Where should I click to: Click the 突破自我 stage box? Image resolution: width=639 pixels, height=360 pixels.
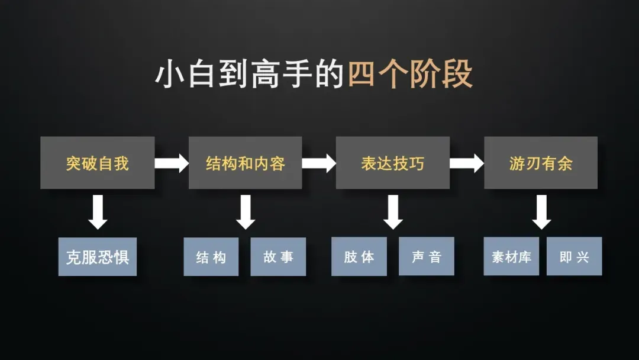pos(98,163)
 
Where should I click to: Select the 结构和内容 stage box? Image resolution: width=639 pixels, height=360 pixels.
pos(245,163)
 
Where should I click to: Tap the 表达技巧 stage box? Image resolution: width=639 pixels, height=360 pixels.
pos(392,163)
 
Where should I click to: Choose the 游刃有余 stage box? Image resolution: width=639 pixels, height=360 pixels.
pos(540,163)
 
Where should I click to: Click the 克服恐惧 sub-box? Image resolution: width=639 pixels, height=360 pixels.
pos(98,257)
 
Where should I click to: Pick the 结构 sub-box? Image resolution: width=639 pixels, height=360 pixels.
pos(211,257)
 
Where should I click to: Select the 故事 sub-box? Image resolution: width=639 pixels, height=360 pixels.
pos(278,257)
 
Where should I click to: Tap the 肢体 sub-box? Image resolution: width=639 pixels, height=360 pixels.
pos(359,257)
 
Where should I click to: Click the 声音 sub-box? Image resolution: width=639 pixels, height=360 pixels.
pos(427,257)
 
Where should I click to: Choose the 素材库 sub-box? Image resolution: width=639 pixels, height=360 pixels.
pos(511,257)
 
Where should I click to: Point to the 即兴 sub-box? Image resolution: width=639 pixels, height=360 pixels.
pos(574,257)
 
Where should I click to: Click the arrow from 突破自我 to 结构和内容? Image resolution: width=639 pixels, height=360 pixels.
pos(172,163)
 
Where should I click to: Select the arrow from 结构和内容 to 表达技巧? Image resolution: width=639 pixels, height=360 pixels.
pos(319,163)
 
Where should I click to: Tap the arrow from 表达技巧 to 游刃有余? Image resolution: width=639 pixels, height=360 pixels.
pos(467,163)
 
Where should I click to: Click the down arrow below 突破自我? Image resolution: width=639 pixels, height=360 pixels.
pos(98,212)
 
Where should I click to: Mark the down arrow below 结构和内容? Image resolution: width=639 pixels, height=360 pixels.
pos(246,212)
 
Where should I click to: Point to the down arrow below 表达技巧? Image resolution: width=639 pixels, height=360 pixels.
pos(393,212)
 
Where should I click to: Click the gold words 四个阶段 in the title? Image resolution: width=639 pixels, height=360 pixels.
pos(410,75)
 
